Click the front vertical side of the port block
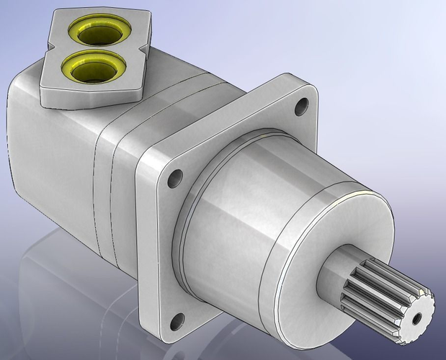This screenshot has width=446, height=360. coord(86,94)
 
